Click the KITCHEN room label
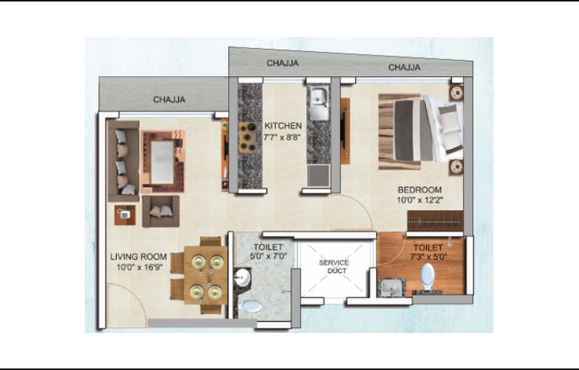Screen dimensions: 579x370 pos(283,126)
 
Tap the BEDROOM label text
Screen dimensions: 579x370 pos(419,190)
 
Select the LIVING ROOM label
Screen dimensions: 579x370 pos(139,257)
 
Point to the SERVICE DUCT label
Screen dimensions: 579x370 pos(334,267)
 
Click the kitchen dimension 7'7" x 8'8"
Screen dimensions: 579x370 pos(282,137)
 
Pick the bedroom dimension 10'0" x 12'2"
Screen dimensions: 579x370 pos(420,200)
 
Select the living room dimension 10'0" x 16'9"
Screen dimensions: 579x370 pos(139,268)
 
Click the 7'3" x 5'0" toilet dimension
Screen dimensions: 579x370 pos(428,257)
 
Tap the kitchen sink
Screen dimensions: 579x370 pos(319,104)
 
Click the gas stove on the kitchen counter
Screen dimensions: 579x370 pos(248,137)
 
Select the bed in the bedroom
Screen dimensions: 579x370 pos(421,131)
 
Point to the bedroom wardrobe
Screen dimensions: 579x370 pos(435,221)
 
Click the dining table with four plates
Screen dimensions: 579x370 pos(205,275)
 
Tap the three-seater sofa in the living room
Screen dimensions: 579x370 pos(124,161)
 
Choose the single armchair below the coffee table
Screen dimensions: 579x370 pos(161,211)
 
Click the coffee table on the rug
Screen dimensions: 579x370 pos(163,163)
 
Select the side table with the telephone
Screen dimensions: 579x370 pos(125,215)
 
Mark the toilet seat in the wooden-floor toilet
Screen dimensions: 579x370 pos(427,276)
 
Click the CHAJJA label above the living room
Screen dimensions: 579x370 pos(169,99)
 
